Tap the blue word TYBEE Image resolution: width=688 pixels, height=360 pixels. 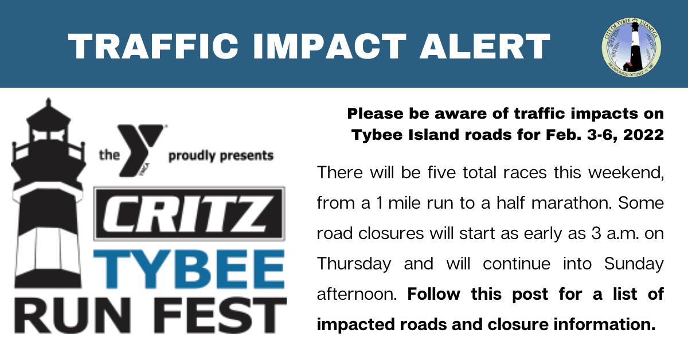tap(190, 270)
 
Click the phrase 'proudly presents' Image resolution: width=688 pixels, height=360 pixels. tap(221, 155)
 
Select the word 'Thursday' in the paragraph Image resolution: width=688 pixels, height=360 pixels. tap(354, 264)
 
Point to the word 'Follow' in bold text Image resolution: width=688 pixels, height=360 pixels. tap(435, 294)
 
